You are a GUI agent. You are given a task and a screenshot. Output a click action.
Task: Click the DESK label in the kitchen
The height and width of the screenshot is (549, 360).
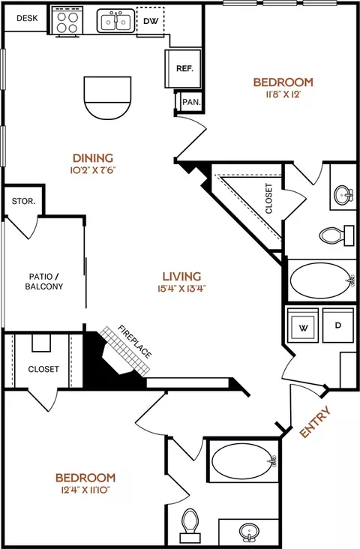pyautogui.click(x=27, y=18)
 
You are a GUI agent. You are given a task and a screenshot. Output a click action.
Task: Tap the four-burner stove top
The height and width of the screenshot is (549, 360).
pyautogui.click(x=67, y=21)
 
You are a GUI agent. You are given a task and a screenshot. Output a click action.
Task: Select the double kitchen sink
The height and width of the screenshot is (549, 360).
pyautogui.click(x=115, y=21)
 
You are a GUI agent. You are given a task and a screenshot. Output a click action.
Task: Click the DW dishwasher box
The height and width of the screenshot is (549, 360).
pyautogui.click(x=151, y=21)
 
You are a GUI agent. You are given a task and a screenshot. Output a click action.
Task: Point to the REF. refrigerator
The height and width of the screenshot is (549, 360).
pyautogui.click(x=183, y=69)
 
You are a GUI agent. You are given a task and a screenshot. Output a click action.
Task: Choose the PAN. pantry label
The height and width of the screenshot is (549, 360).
pyautogui.click(x=191, y=102)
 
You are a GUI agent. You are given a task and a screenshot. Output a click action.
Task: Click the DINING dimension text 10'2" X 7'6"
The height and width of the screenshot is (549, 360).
pyautogui.click(x=93, y=170)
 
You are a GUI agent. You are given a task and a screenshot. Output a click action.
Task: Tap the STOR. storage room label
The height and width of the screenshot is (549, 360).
pyautogui.click(x=23, y=201)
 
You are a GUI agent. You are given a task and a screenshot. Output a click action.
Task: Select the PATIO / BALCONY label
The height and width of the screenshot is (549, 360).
pyautogui.click(x=43, y=281)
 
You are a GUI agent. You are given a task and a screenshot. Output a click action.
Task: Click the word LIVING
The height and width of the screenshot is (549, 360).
pyautogui.click(x=181, y=276)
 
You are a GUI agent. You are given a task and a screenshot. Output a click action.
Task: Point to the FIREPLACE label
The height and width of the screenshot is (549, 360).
pyautogui.click(x=135, y=342)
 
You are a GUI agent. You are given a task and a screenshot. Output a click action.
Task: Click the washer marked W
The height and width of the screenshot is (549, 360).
pyautogui.click(x=303, y=325)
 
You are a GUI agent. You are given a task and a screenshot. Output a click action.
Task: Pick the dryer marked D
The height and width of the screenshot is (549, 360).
pyautogui.click(x=338, y=325)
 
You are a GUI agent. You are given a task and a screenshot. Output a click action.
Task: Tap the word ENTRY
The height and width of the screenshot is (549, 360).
pyautogui.click(x=315, y=421)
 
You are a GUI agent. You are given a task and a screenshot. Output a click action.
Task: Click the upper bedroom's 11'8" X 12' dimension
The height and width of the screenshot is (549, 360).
pyautogui.click(x=283, y=94)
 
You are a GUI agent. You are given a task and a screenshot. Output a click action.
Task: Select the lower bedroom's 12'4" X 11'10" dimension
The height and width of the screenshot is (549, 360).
pyautogui.click(x=85, y=490)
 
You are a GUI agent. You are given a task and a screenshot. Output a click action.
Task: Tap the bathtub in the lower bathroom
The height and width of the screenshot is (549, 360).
pyautogui.click(x=244, y=461)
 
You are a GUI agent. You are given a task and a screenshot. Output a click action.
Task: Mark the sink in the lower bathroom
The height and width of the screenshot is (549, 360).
pyautogui.click(x=249, y=532)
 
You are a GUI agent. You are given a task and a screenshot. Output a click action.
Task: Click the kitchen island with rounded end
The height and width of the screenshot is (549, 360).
pyautogui.click(x=107, y=98)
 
